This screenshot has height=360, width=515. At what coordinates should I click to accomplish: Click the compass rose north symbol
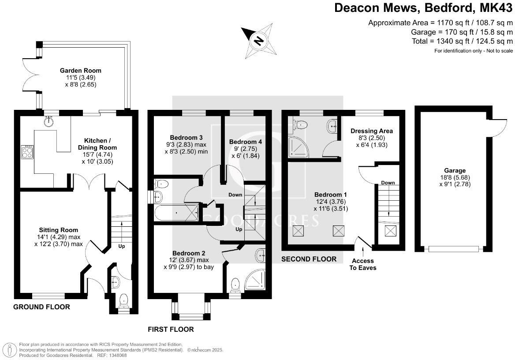pos(258,41)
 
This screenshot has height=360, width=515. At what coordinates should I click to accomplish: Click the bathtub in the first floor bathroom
pos(175,214)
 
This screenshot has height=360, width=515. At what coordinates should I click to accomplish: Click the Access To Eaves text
pos(363,264)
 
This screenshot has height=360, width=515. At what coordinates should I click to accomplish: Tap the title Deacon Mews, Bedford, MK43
pos(424,8)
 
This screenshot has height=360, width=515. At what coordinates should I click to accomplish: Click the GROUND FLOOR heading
pos(41,307)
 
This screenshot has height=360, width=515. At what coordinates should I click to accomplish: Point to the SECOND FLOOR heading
pos(309,259)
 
